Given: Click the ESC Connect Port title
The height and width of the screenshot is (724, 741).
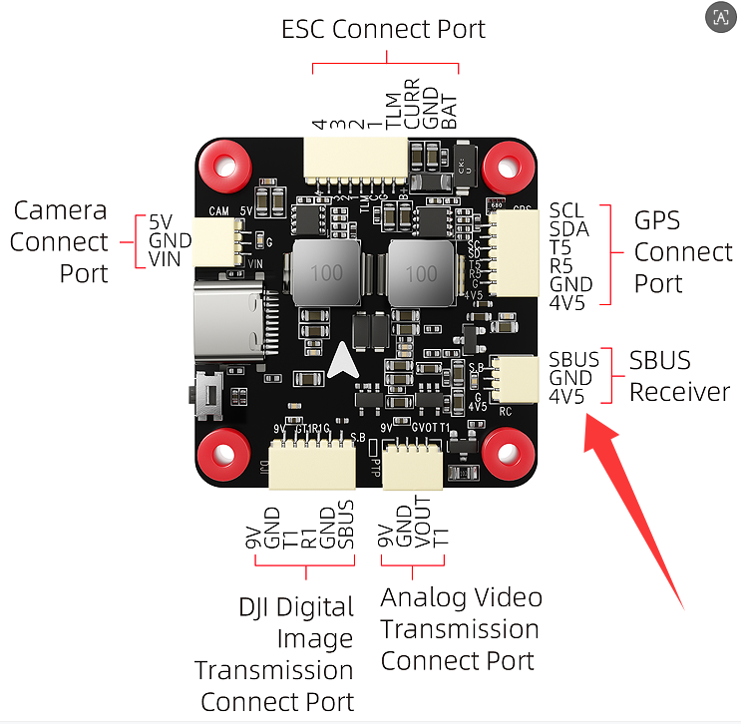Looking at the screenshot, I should (384, 29).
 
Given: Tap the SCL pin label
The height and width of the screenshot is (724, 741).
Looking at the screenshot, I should (566, 211).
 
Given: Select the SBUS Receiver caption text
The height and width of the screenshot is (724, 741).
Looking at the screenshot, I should (679, 376).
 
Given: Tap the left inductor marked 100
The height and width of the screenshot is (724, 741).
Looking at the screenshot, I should (326, 272).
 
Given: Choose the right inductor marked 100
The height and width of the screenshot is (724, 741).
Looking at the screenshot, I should (421, 272).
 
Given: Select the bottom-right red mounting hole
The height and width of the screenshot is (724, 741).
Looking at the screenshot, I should (508, 452).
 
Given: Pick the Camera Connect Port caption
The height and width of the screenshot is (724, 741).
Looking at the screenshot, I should (59, 241).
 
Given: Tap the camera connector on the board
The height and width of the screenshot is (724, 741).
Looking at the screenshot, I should (213, 242).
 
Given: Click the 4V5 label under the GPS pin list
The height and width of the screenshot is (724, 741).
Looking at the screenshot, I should (567, 301).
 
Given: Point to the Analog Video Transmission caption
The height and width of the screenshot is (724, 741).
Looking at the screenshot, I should (460, 628).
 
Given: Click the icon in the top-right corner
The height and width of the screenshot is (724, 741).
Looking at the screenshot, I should (719, 17).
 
